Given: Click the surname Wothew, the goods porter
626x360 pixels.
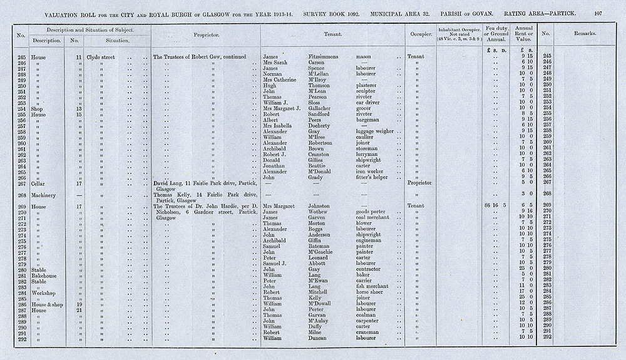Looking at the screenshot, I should [321, 211].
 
